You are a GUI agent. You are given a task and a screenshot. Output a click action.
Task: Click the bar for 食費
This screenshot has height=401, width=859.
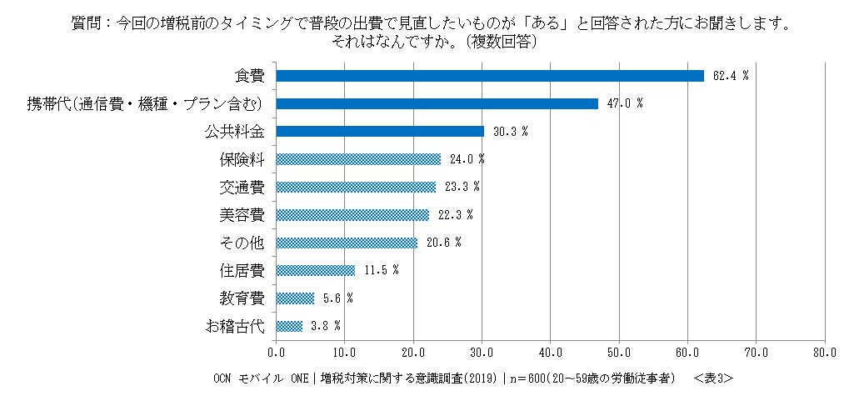(x=490, y=76)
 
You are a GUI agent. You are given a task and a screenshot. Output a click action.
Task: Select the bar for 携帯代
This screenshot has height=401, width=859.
(x=437, y=103)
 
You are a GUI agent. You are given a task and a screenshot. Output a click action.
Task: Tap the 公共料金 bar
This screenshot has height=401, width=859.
(x=380, y=132)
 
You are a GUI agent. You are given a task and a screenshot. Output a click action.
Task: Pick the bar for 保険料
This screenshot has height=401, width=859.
(x=358, y=159)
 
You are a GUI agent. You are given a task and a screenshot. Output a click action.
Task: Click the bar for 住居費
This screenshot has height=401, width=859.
(x=316, y=270)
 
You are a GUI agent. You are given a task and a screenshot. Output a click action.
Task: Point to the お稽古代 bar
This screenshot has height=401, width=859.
(x=289, y=326)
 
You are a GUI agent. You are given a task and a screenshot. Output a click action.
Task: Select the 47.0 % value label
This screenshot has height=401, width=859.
(x=626, y=103)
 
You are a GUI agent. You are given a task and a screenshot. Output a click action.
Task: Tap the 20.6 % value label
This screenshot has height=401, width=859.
(x=444, y=243)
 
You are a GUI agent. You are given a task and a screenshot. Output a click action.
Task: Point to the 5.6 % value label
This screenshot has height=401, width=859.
(x=338, y=298)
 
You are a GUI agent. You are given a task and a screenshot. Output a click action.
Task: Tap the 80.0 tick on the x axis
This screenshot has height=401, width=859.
(x=824, y=353)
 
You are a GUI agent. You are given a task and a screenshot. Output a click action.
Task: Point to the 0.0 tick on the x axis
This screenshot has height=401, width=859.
(x=276, y=353)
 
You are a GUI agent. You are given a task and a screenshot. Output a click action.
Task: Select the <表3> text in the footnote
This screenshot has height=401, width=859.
(x=712, y=378)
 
